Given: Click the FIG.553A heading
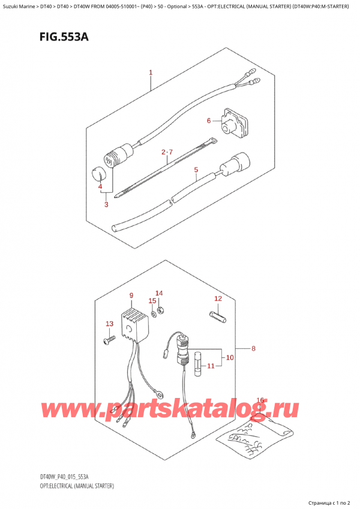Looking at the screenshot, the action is point(64,37).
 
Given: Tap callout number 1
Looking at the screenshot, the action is point(151,73).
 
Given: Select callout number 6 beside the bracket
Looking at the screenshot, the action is point(209,121).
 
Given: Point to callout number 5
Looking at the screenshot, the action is point(196,170).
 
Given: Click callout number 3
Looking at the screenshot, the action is point(106,205).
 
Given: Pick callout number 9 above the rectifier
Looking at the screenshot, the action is point(131,295).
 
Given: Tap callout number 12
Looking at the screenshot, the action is point(218,299).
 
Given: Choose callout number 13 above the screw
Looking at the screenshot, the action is point(110,324).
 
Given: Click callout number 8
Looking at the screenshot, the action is point(253,349).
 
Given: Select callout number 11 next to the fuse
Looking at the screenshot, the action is point(211,366).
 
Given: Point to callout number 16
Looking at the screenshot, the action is point(260,400).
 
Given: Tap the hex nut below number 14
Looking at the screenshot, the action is point(161,311).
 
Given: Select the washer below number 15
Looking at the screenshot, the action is point(153,313).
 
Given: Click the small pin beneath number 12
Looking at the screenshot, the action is point(217,316).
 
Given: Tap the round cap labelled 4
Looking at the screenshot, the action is point(98,174).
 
